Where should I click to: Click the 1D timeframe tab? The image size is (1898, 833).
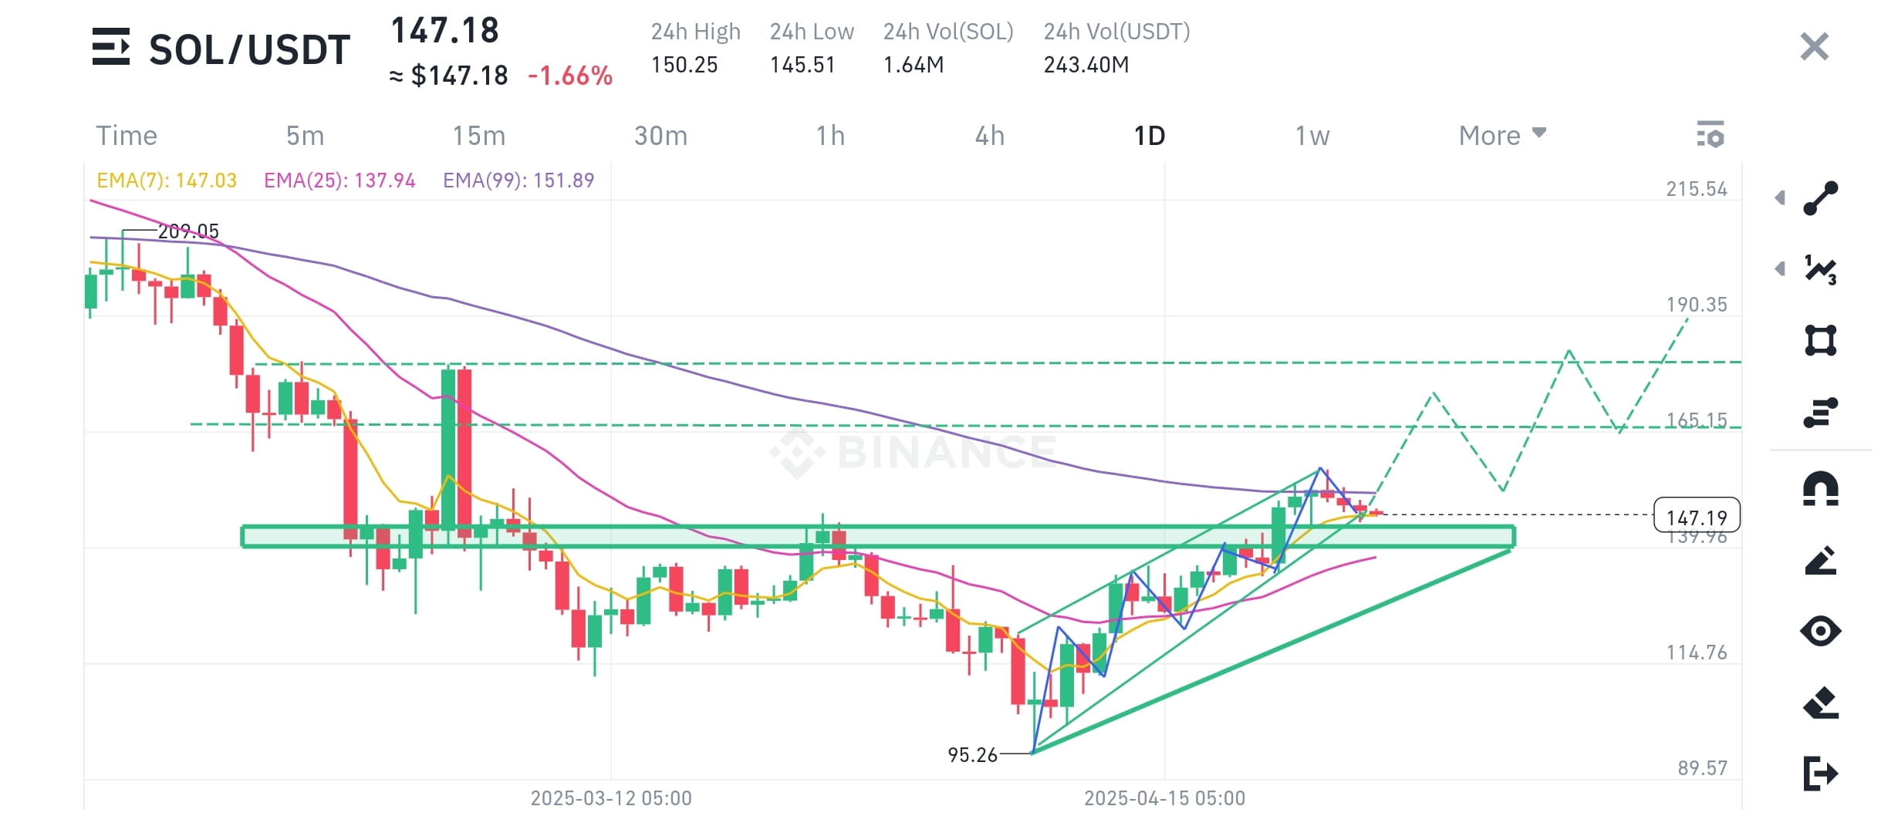pyautogui.click(x=1149, y=136)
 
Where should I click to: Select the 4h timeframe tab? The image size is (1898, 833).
pyautogui.click(x=990, y=136)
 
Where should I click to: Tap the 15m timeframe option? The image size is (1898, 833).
pyautogui.click(x=478, y=136)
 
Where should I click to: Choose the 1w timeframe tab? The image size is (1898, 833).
pyautogui.click(x=1312, y=136)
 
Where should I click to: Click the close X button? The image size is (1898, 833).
pyautogui.click(x=1814, y=46)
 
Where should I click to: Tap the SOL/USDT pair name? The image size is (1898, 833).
pyautogui.click(x=249, y=50)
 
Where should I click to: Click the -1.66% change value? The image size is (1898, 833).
pyautogui.click(x=570, y=76)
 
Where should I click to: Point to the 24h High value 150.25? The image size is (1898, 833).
pyautogui.click(x=684, y=65)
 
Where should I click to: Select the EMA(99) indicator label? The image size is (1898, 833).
pyautogui.click(x=518, y=180)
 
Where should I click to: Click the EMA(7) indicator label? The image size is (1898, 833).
pyautogui.click(x=167, y=180)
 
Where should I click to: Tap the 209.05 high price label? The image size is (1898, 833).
pyautogui.click(x=188, y=231)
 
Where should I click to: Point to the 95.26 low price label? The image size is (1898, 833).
pyautogui.click(x=973, y=754)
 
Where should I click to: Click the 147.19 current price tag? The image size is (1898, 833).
pyautogui.click(x=1697, y=516)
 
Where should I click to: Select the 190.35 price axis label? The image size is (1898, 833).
pyautogui.click(x=1697, y=305)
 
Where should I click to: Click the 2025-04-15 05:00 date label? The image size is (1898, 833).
pyautogui.click(x=1164, y=798)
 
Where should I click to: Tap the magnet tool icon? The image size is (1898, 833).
pyautogui.click(x=1821, y=488)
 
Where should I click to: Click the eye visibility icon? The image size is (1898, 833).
pyautogui.click(x=1821, y=631)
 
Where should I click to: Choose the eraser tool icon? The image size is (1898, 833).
pyautogui.click(x=1821, y=703)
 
